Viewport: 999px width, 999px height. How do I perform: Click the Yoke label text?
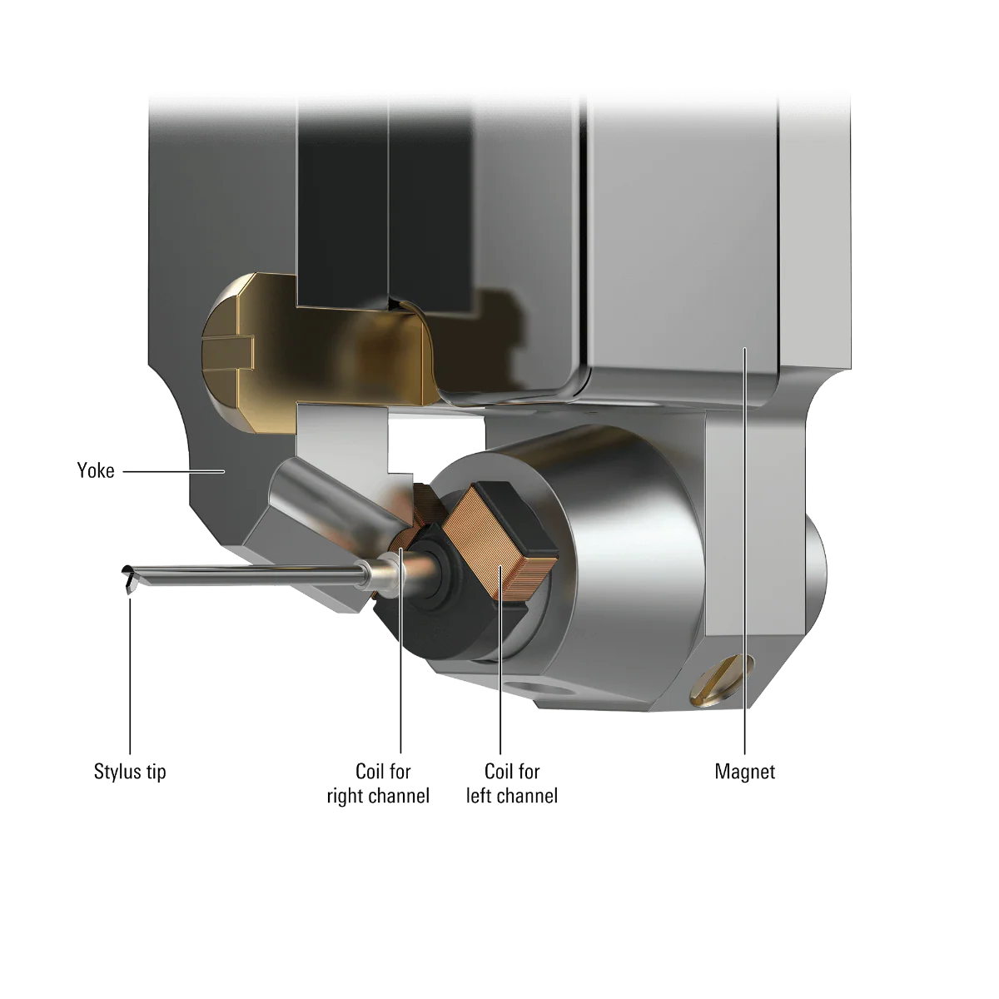(x=96, y=470)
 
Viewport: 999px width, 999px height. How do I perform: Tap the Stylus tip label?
(x=130, y=772)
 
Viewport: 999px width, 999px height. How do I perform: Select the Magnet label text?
(x=744, y=772)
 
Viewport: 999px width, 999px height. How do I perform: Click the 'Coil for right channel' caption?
(x=379, y=783)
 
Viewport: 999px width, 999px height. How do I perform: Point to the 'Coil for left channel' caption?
(x=512, y=783)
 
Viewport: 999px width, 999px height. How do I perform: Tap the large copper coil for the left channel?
(x=500, y=542)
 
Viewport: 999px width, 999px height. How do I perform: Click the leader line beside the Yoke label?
(x=174, y=472)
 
